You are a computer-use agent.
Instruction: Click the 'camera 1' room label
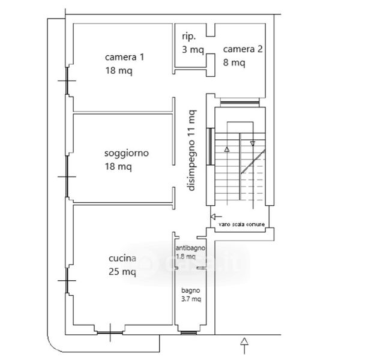tap(124, 58)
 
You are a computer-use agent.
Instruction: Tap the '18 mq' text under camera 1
tap(118, 70)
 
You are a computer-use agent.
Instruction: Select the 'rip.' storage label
tap(189, 37)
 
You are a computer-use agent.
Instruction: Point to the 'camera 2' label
tap(243, 49)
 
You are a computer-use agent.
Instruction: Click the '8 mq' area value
tap(234, 62)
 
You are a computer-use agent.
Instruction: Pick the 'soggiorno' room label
tap(126, 154)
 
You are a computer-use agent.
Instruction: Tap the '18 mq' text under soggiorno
tap(118, 166)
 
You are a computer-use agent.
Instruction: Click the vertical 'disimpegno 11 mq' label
tap(191, 150)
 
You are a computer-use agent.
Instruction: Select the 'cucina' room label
tap(122, 259)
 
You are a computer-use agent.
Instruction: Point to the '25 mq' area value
tap(122, 272)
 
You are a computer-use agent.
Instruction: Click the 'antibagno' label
tap(190, 248)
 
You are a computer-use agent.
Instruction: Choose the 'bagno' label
tap(191, 290)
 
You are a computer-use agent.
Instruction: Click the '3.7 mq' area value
tap(191, 298)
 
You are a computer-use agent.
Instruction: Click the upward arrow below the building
tap(244, 344)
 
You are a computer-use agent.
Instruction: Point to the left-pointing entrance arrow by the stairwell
tap(216, 216)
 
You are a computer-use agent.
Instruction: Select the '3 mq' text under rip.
tap(193, 50)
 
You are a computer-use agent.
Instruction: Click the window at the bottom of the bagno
tap(190, 332)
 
